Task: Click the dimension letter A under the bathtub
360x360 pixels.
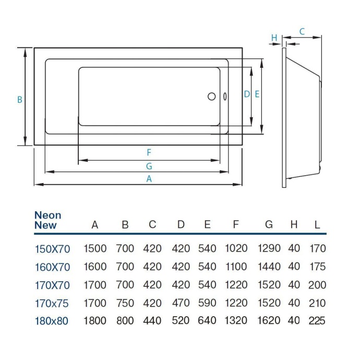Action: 149,178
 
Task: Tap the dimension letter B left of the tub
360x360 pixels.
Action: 20,100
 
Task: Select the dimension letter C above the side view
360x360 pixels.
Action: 302,31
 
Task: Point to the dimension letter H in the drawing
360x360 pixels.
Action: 274,37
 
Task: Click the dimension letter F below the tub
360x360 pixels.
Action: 149,152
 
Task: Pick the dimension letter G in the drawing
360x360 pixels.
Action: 149,166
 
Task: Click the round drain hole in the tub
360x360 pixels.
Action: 211,97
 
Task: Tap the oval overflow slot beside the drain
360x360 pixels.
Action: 224,97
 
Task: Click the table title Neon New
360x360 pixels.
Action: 47,220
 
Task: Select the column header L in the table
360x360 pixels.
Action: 317,225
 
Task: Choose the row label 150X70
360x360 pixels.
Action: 52,249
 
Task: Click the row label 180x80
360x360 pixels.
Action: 51,321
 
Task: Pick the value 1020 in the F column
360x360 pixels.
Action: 236,249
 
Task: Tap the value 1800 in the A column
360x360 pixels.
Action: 95,321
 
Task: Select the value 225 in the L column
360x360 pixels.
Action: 317,321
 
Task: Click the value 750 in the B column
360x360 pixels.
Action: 125,303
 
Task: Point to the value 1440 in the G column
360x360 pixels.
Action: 269,267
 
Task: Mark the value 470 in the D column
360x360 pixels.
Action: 181,303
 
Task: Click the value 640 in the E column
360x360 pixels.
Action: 207,321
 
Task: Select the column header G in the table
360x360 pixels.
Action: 269,225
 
